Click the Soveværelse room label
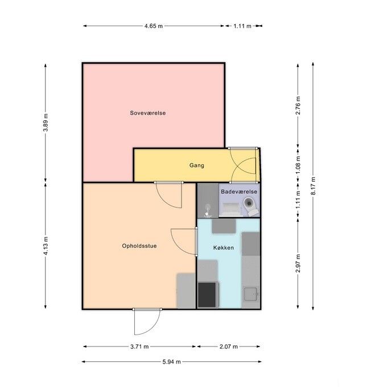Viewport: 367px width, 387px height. click(x=147, y=113)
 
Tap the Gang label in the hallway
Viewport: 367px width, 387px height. click(x=197, y=165)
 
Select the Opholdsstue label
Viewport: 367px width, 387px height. click(x=139, y=246)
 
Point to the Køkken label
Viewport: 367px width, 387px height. click(x=224, y=247)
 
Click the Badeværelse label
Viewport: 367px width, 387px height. click(x=239, y=192)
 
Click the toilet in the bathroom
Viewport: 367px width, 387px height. click(x=251, y=206)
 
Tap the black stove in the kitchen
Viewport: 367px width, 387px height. click(x=207, y=295)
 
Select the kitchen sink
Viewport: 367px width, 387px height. click(x=250, y=294)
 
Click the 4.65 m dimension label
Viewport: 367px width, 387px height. click(x=154, y=26)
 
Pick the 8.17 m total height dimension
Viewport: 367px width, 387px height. click(x=313, y=186)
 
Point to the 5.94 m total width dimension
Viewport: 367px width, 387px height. click(x=171, y=362)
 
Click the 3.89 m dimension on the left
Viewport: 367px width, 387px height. click(x=46, y=123)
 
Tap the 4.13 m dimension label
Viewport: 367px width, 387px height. click(x=46, y=246)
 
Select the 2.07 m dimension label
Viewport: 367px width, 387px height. click(x=229, y=347)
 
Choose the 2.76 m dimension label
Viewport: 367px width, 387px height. click(x=298, y=105)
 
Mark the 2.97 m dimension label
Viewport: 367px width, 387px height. click(x=298, y=263)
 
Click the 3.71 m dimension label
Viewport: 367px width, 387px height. click(x=139, y=347)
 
